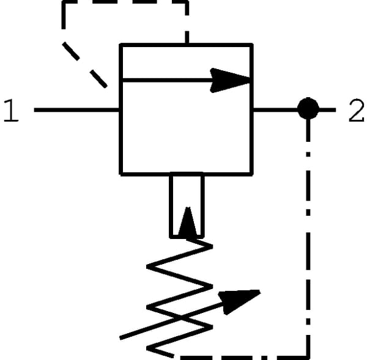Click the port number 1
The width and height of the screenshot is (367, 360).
[11, 110]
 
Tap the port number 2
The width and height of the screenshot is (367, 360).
[356, 110]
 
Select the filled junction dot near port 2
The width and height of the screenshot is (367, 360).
[308, 109]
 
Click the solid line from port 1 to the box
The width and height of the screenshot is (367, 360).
[76, 110]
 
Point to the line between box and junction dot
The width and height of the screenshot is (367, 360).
[275, 109]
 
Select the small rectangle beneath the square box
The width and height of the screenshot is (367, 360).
[187, 205]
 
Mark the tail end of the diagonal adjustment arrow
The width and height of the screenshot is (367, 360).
[120, 338]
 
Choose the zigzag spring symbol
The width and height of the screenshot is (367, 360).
[179, 297]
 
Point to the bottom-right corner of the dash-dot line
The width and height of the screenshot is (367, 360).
[308, 358]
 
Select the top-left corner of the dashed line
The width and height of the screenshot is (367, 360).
[64, 2]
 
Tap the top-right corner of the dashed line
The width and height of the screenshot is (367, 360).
[187, 2]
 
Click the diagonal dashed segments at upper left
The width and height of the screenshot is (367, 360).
[84, 65]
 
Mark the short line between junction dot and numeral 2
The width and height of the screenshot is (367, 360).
[327, 109]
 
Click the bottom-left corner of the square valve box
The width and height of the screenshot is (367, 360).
[120, 174]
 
